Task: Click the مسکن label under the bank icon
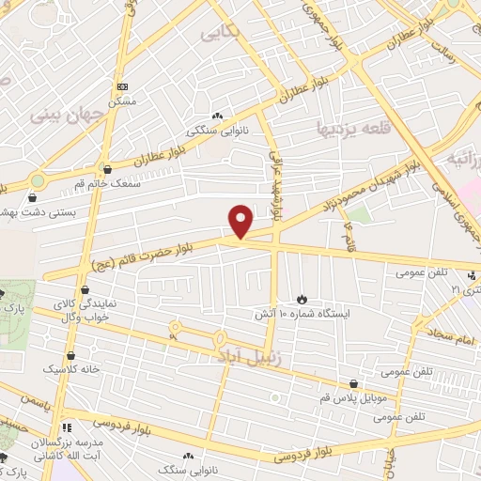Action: tap(123, 100)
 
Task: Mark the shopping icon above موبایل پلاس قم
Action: tap(354, 384)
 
